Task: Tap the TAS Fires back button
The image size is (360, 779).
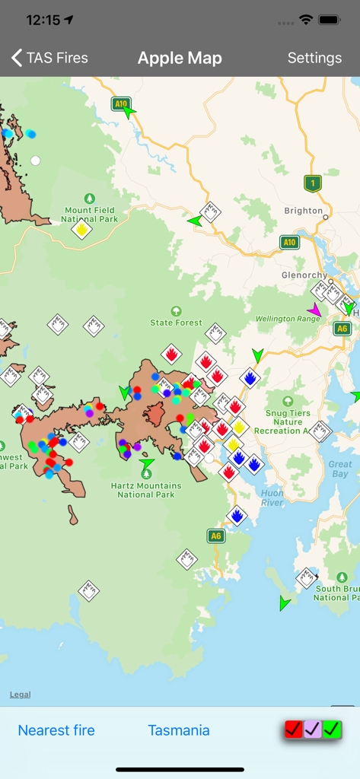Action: (x=49, y=58)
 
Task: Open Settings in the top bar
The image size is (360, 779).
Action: (x=314, y=58)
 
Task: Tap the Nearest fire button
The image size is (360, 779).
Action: (x=56, y=730)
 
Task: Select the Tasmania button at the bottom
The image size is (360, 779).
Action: (x=179, y=730)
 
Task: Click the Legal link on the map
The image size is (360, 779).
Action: (x=21, y=695)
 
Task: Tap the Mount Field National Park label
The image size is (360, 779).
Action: (x=89, y=215)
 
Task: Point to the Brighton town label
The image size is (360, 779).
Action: (x=303, y=211)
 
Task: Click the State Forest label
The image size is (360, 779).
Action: (x=177, y=322)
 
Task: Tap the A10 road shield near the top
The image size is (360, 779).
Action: (x=120, y=103)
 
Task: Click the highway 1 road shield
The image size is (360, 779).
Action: (x=311, y=183)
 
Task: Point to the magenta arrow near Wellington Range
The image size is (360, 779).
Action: (x=314, y=310)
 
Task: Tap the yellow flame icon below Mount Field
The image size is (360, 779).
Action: (x=82, y=228)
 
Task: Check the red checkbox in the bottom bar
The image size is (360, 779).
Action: (x=294, y=730)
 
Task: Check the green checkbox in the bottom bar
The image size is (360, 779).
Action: (x=331, y=730)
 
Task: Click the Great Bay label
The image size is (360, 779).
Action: (x=340, y=469)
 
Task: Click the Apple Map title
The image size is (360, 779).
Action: (x=180, y=58)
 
